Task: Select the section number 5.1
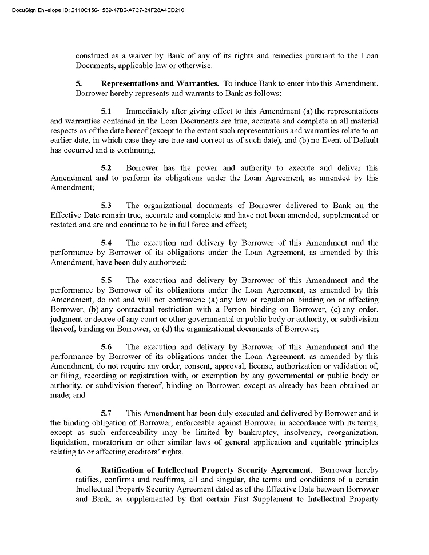106,111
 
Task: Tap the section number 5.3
106,205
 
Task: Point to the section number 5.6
106,347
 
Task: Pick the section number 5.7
106,413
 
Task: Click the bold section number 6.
79,470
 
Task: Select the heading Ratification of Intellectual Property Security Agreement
206,470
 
